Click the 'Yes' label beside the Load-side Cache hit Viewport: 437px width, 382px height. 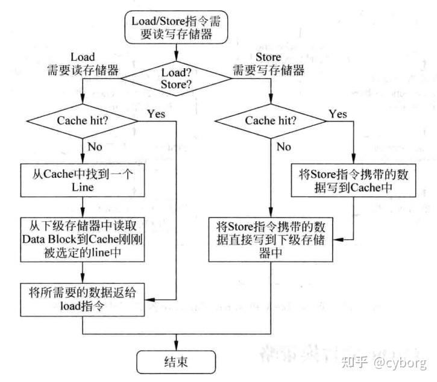coord(155,113)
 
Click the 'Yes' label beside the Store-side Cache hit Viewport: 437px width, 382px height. coord(339,113)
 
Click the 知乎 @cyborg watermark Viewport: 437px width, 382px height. coord(383,362)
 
